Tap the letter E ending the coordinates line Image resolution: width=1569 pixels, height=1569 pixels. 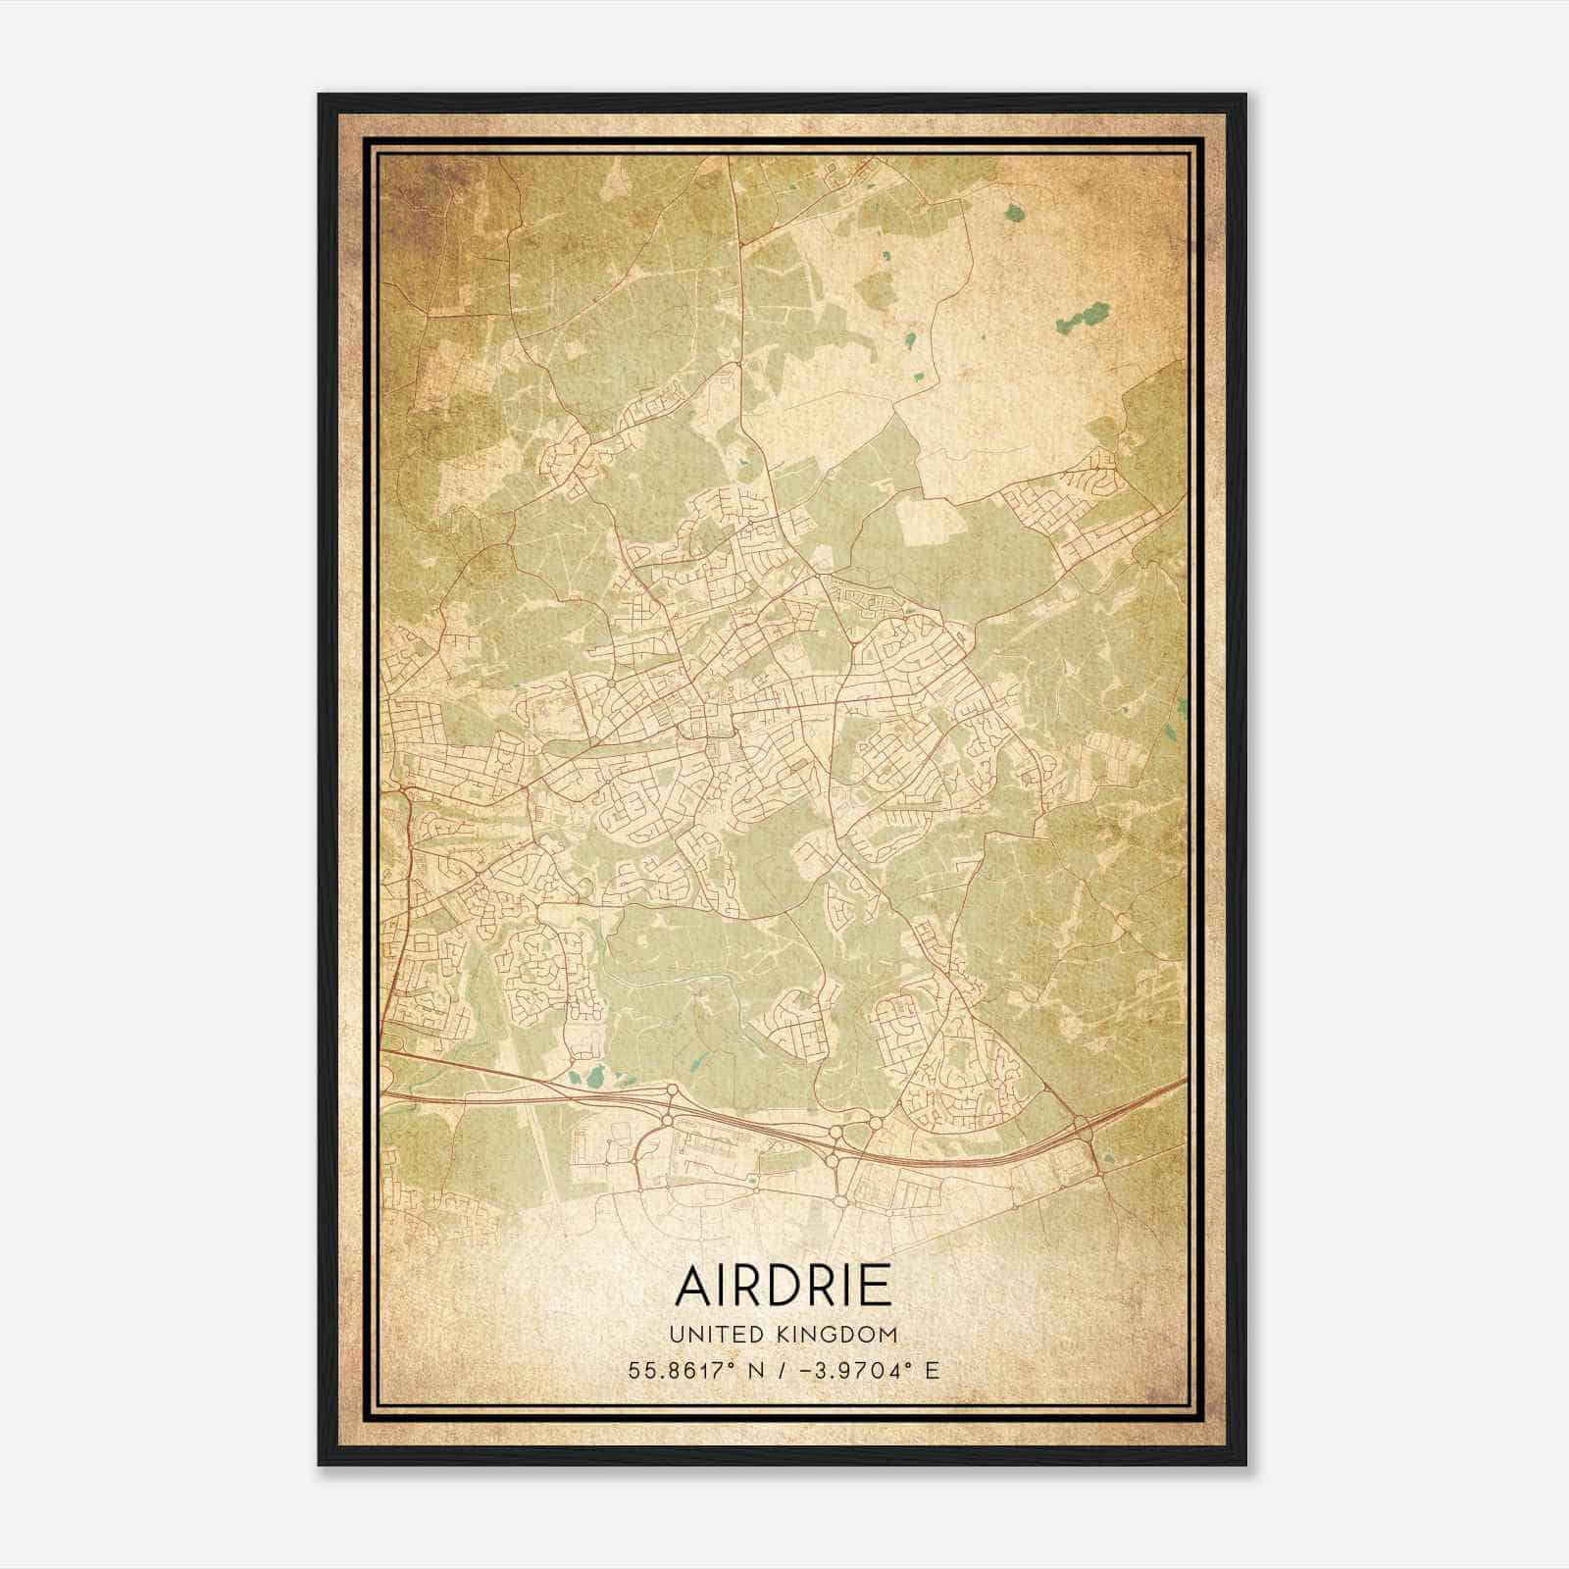[x=932, y=1370]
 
